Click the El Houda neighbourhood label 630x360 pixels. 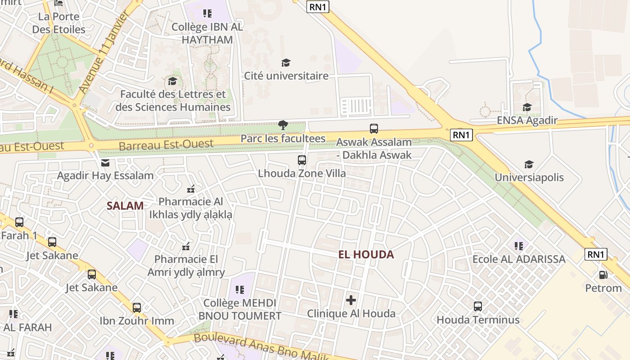[366, 255]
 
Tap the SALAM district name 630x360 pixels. [125, 206]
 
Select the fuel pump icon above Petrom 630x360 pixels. [603, 274]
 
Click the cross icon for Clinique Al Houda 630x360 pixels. [351, 300]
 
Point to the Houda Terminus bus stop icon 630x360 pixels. [478, 306]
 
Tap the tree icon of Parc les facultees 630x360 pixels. [283, 125]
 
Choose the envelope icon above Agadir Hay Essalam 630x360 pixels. [105, 162]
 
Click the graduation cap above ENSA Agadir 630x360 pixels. [527, 107]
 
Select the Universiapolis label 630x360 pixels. [529, 177]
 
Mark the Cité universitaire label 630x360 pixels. [286, 76]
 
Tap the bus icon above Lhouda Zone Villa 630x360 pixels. [302, 160]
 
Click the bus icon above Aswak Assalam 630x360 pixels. [374, 129]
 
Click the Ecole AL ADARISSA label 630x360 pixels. [519, 259]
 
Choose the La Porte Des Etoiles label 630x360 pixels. [58, 23]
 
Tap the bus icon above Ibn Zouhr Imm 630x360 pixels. [137, 308]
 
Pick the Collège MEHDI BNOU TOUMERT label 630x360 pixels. [240, 309]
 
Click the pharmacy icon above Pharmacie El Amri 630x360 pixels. [185, 246]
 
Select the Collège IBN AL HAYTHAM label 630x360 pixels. [207, 33]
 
